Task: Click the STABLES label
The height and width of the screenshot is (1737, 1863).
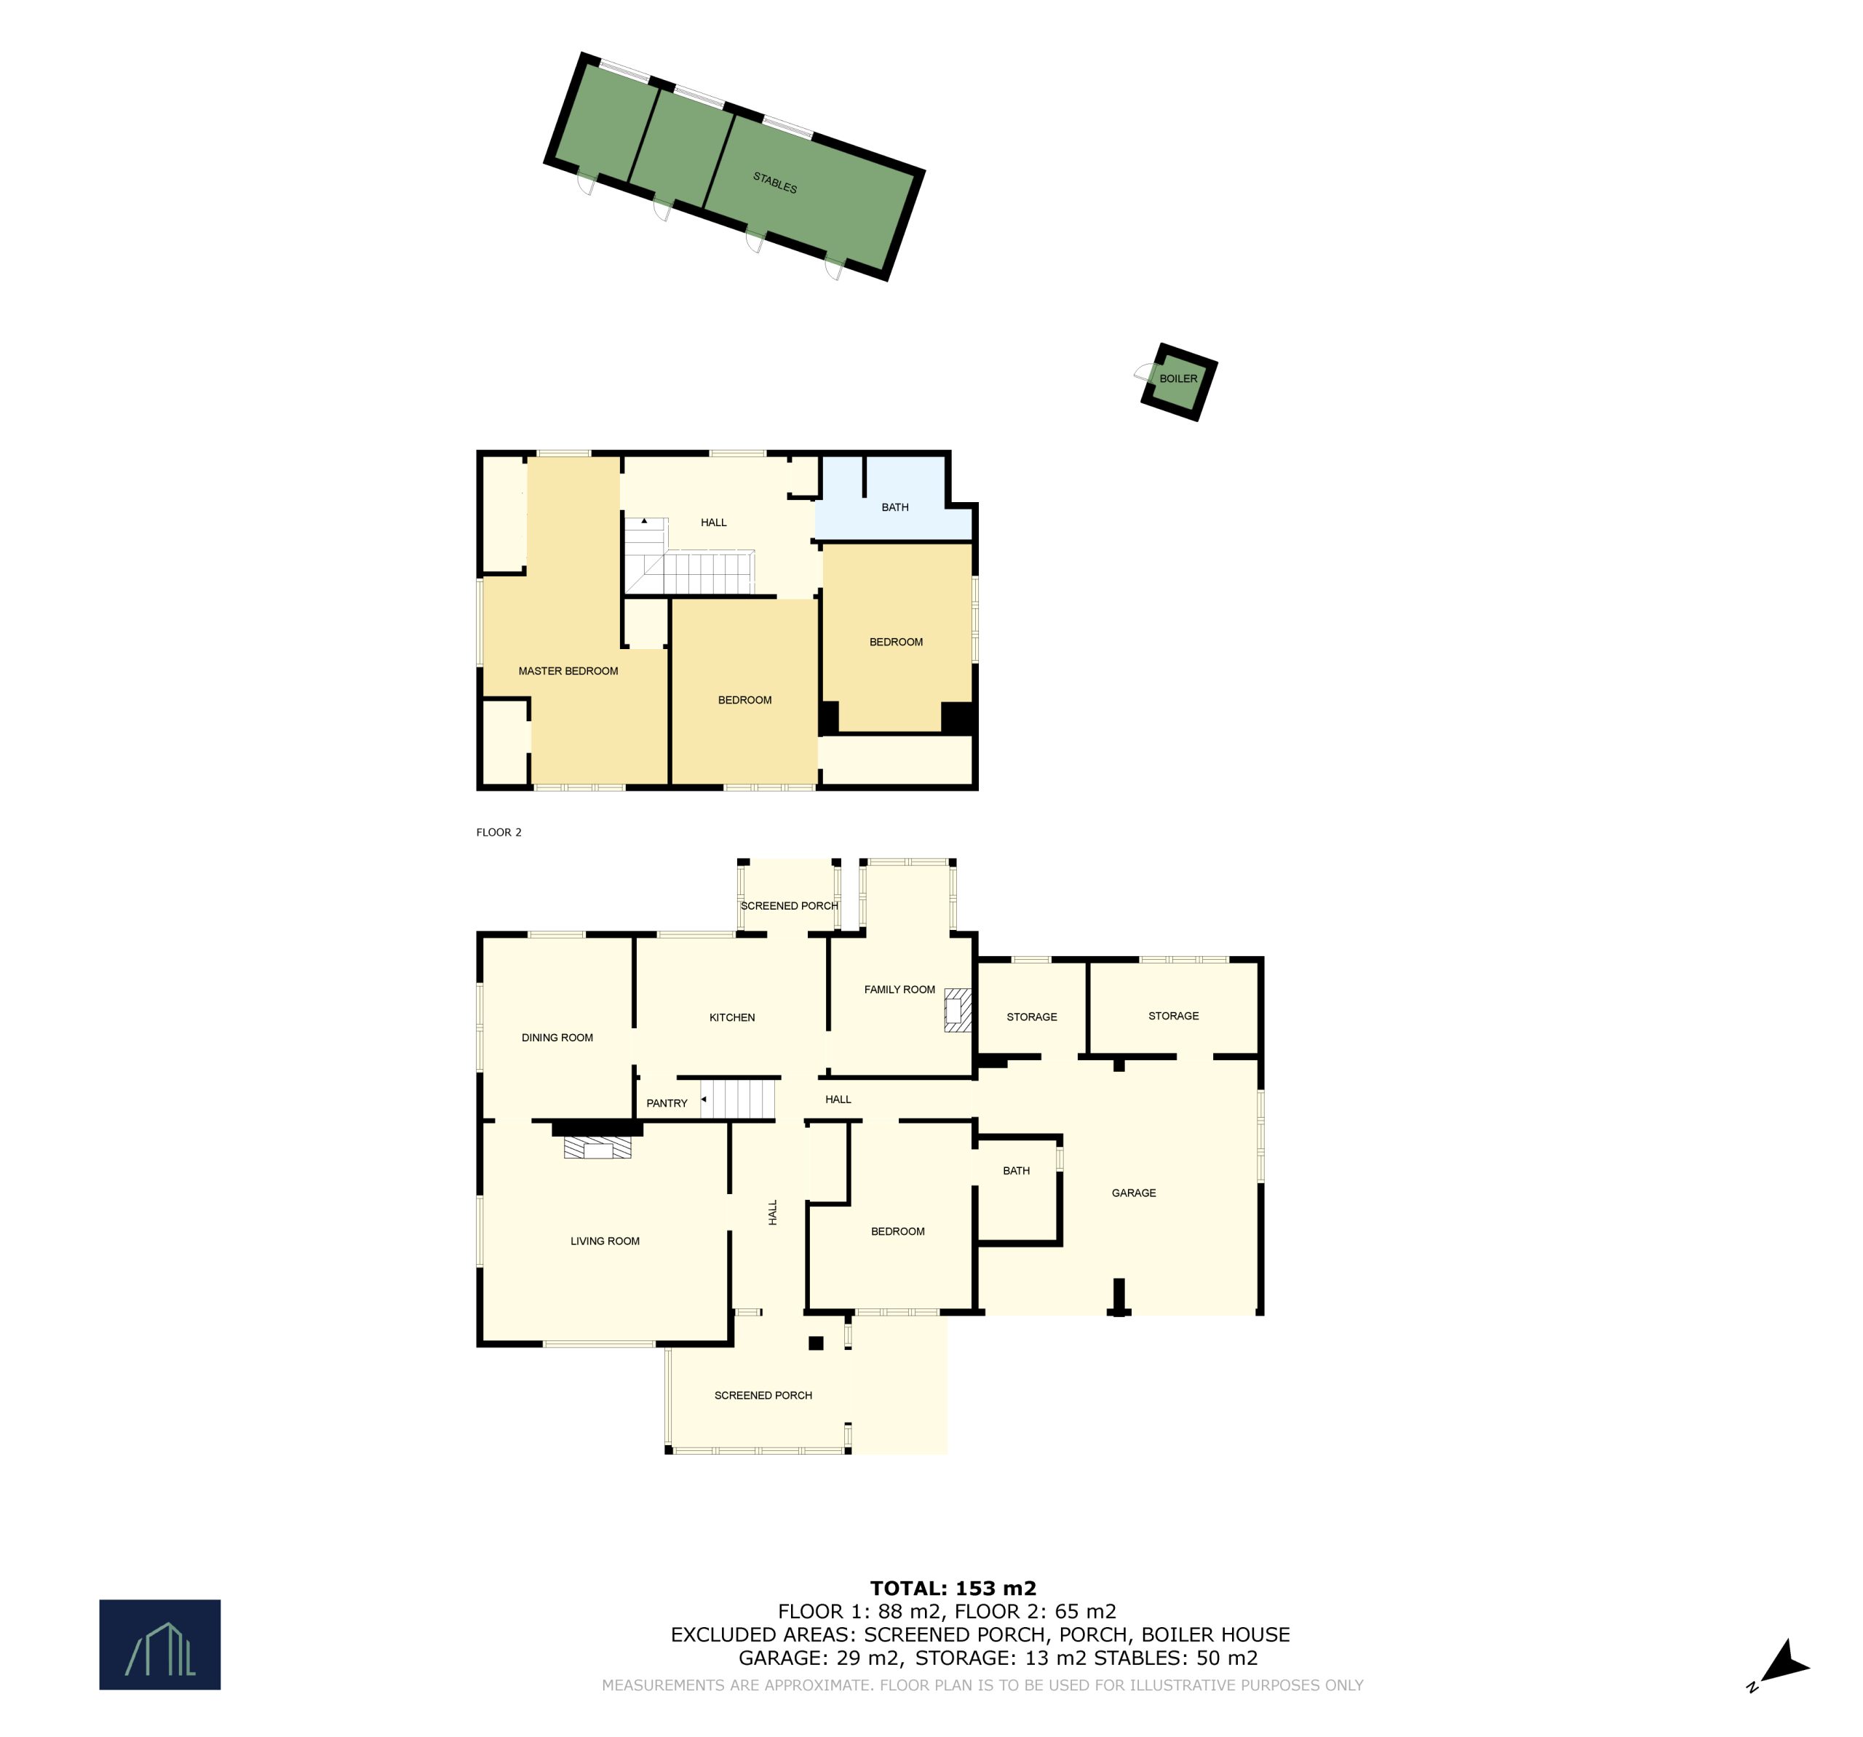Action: click(775, 182)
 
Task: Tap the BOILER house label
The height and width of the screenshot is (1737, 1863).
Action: click(1178, 378)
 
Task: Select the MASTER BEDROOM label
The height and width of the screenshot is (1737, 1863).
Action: click(568, 671)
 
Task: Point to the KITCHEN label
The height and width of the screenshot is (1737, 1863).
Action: click(732, 1017)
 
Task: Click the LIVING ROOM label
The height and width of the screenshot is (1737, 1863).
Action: click(605, 1241)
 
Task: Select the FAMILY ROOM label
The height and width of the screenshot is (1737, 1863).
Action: click(899, 990)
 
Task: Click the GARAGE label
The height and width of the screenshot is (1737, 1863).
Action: click(1133, 1193)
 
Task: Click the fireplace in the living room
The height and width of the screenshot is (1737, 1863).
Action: click(597, 1148)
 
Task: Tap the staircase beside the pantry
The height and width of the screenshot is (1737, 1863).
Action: click(739, 1099)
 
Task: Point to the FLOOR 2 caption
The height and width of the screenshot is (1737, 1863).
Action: click(498, 832)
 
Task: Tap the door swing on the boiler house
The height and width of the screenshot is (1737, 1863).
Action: click(1144, 372)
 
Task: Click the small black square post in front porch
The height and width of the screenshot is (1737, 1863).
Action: click(815, 1343)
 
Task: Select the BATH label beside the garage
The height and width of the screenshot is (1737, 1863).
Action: click(1016, 1170)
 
